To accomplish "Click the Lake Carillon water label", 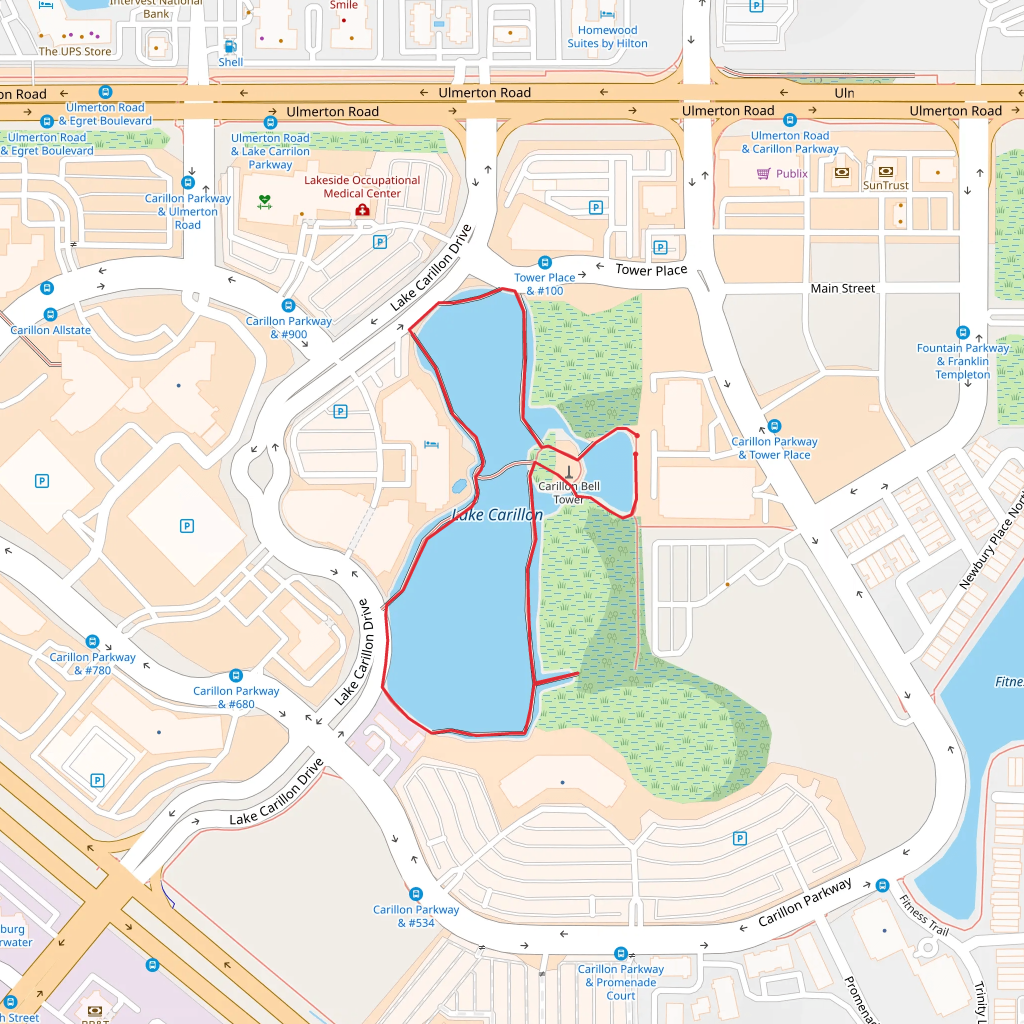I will click(x=497, y=514).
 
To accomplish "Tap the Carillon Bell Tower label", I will click(x=568, y=492).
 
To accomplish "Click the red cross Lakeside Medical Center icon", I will click(x=362, y=210).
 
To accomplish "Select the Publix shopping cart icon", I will click(x=763, y=173).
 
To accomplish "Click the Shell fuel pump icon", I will click(x=230, y=46).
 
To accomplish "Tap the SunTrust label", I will click(x=885, y=185).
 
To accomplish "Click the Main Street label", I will click(x=842, y=288).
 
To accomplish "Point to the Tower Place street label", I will click(x=651, y=270).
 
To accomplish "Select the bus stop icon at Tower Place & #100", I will click(x=545, y=262).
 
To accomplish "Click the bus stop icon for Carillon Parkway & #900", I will click(x=288, y=306).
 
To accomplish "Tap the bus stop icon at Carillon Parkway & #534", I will click(x=416, y=894).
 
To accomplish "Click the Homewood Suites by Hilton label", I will click(x=607, y=36).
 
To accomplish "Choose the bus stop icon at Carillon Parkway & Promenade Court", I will click(x=620, y=953).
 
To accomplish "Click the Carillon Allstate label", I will click(x=50, y=330).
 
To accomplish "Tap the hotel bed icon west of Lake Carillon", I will click(x=431, y=444).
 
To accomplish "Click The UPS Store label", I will click(x=74, y=51).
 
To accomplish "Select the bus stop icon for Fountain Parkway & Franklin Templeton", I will click(x=962, y=332).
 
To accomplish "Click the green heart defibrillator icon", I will click(x=265, y=201).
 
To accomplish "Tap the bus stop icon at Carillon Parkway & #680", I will click(x=236, y=675).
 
